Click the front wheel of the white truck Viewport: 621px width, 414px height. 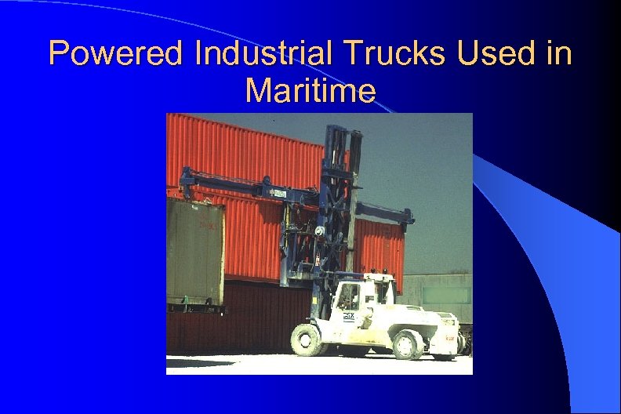coord(307,339)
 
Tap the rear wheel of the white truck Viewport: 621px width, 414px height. coord(408,343)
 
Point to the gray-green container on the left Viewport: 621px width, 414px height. coord(194,251)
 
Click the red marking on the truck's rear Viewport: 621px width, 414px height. coord(450,338)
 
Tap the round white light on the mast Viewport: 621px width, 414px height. coord(319,231)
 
